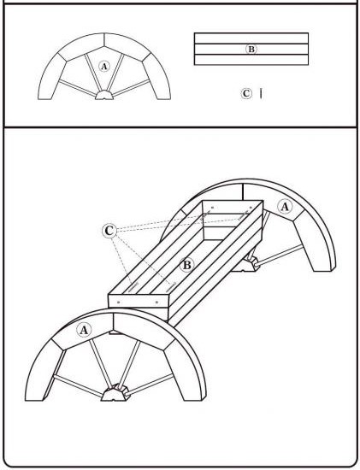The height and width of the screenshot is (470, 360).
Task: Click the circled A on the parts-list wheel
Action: click(104, 67)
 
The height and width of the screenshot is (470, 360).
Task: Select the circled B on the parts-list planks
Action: click(251, 50)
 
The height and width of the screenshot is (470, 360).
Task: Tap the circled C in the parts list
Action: click(246, 93)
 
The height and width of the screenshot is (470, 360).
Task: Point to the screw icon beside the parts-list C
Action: click(261, 93)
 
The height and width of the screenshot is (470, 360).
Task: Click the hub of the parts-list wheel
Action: click(104, 95)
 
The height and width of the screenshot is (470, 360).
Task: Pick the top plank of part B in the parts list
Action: click(251, 38)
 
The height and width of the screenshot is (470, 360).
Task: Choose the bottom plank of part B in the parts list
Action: click(251, 60)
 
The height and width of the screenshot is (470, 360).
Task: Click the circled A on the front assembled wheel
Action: click(84, 331)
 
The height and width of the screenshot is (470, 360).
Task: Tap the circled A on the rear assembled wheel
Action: click(285, 207)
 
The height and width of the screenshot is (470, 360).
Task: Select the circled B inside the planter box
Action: click(186, 265)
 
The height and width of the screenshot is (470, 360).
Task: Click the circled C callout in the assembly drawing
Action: click(109, 231)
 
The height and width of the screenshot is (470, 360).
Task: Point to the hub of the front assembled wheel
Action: click(115, 393)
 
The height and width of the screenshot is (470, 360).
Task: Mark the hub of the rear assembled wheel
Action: click(247, 264)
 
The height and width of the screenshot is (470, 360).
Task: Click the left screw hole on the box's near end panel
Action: click(119, 303)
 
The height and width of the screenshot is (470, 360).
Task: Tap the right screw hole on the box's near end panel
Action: click(156, 303)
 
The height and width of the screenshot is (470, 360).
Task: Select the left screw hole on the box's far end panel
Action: click(212, 207)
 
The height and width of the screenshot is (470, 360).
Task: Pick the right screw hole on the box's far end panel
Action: click(251, 207)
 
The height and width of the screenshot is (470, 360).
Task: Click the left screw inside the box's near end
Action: click(133, 287)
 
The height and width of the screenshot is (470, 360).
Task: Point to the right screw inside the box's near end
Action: click(170, 287)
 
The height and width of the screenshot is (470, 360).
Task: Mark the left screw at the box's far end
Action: click(206, 214)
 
